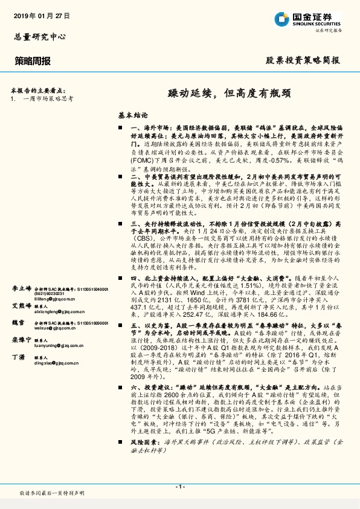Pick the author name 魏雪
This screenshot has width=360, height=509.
point(19,323)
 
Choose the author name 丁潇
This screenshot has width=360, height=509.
point(19,357)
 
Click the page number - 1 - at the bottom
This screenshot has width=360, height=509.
point(179,486)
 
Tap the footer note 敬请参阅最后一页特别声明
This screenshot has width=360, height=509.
point(52,493)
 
